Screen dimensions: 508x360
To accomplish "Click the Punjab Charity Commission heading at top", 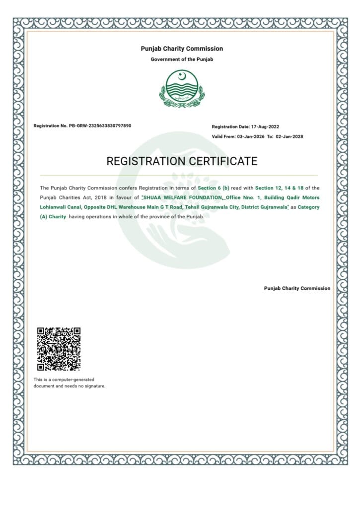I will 182,49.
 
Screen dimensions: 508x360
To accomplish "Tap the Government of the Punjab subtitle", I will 182,60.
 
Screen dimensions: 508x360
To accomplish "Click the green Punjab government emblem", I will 182,89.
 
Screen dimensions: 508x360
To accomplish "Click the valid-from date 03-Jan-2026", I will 251,136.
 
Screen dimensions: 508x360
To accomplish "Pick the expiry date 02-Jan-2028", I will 289,136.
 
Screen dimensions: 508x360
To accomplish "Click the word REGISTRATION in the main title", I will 146,161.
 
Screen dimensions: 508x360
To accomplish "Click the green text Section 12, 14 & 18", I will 281,188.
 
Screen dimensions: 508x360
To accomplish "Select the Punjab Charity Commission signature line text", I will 297,288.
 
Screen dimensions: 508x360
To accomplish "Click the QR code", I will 59,349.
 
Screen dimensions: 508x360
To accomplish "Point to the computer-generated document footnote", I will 69,382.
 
